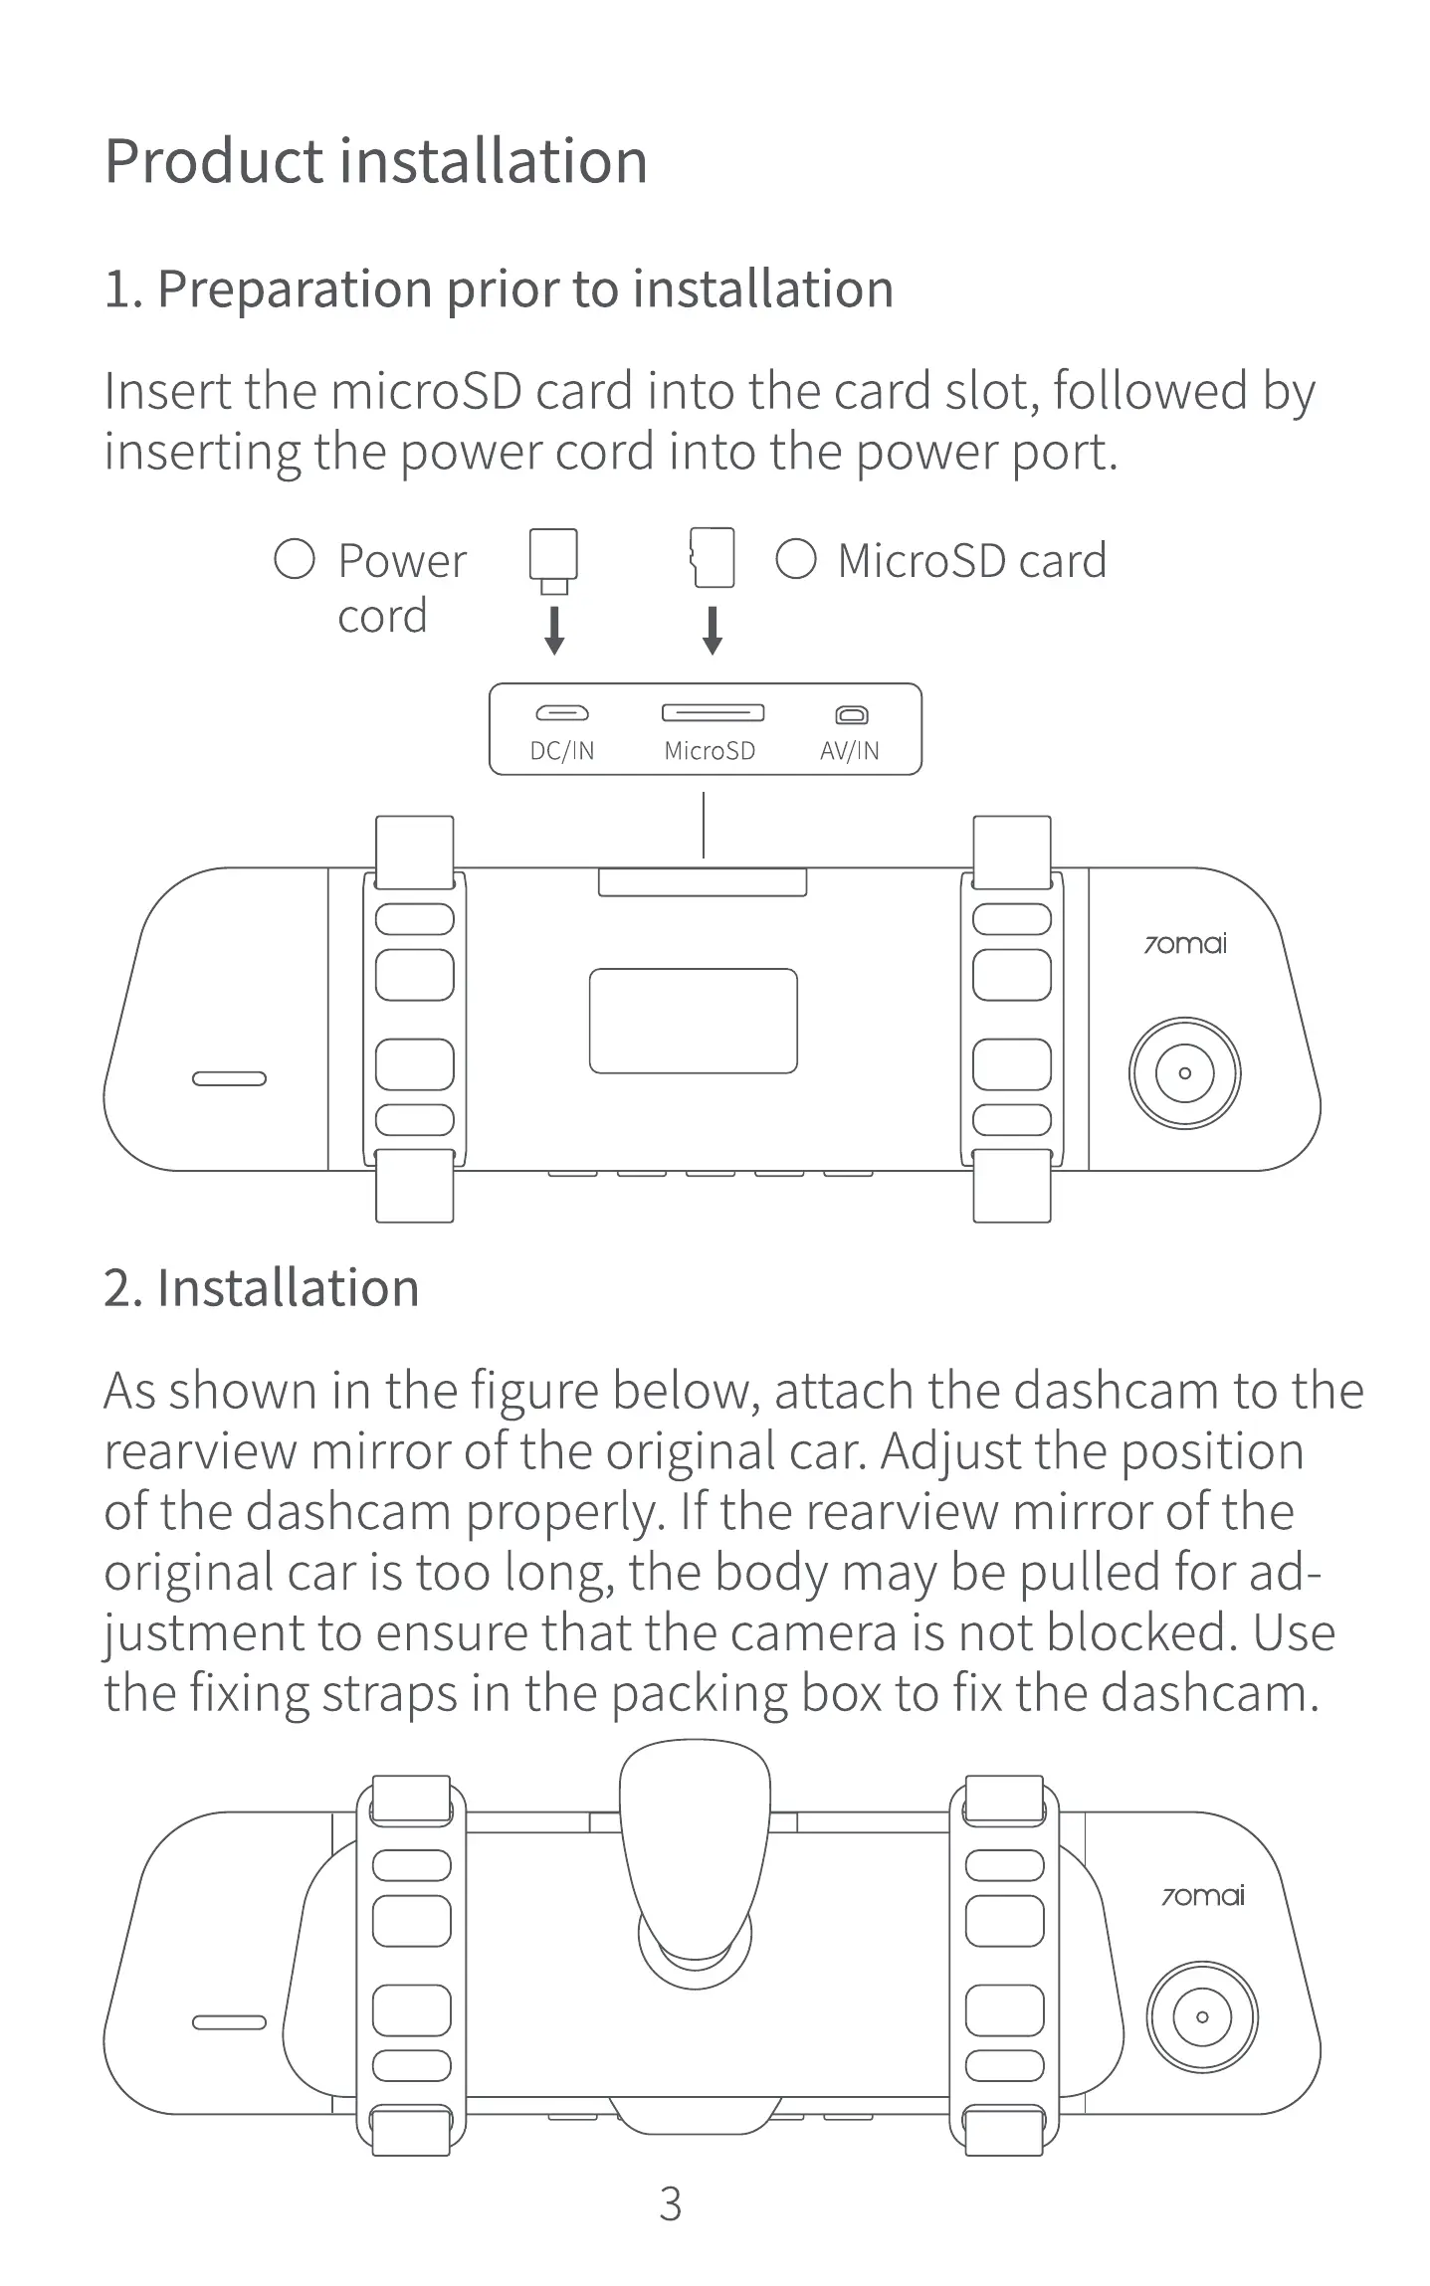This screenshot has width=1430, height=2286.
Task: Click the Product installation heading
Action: click(375, 161)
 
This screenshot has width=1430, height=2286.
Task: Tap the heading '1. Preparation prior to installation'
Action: click(498, 289)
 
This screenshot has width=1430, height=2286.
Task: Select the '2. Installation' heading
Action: click(261, 1288)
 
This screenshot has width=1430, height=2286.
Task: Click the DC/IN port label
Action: click(561, 751)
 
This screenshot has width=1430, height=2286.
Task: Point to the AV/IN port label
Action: click(849, 751)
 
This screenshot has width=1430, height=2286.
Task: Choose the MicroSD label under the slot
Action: click(709, 751)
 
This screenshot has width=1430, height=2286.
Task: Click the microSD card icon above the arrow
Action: click(713, 558)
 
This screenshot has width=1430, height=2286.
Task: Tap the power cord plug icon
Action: click(553, 560)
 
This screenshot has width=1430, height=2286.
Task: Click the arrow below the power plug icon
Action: click(554, 631)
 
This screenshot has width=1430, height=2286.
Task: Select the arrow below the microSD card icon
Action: click(712, 631)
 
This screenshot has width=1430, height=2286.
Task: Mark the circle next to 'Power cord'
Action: click(295, 559)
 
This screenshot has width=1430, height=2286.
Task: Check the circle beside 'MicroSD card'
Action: click(795, 559)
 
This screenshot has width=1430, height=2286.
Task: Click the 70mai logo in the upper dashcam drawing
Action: click(1184, 943)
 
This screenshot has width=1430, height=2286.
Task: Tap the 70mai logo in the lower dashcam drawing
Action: click(1202, 1896)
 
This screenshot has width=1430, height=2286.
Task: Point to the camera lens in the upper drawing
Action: click(1184, 1073)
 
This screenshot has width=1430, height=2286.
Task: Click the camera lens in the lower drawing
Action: click(1202, 2017)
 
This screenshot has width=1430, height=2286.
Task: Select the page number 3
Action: click(671, 2205)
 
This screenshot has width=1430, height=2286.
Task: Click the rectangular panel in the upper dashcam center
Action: click(693, 1021)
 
